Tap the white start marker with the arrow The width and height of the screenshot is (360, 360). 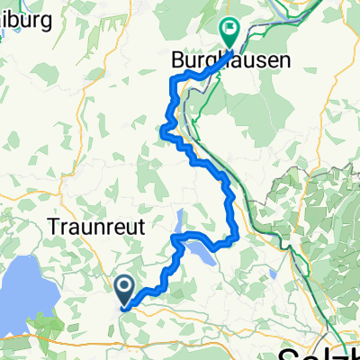(124, 287)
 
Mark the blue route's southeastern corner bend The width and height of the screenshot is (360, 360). (234, 238)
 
